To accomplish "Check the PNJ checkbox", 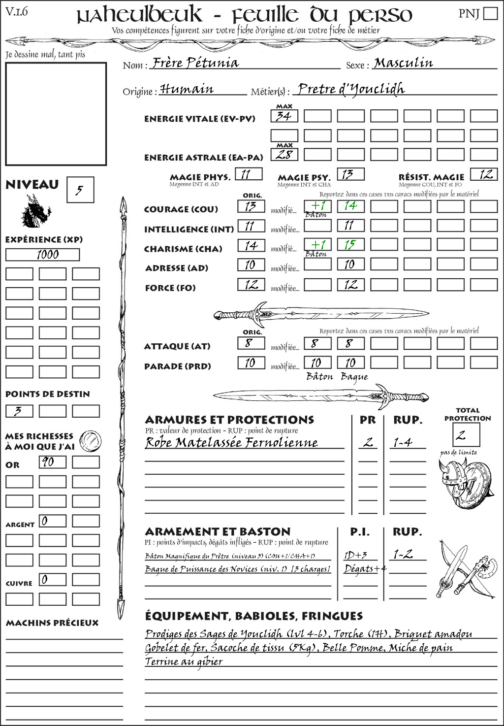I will pyautogui.click(x=490, y=13).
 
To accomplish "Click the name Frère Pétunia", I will pyautogui.click(x=195, y=64).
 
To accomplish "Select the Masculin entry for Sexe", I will pyautogui.click(x=403, y=63).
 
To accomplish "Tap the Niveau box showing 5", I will pyautogui.click(x=80, y=190).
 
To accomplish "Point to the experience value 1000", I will pyautogui.click(x=42, y=255).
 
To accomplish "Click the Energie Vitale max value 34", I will pyautogui.click(x=284, y=116).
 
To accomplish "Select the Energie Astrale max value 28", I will pyautogui.click(x=284, y=155).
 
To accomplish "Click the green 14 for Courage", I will pyautogui.click(x=350, y=206).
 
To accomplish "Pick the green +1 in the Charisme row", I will pyautogui.click(x=317, y=245).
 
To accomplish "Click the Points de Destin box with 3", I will pyautogui.click(x=19, y=411).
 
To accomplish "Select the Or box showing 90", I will pyautogui.click(x=52, y=462).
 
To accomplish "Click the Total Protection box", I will pyautogui.click(x=466, y=435).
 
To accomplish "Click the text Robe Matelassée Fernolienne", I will pyautogui.click(x=231, y=443).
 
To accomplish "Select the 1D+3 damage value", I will pyautogui.click(x=355, y=555).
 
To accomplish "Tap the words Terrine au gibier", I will pyautogui.click(x=184, y=661).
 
